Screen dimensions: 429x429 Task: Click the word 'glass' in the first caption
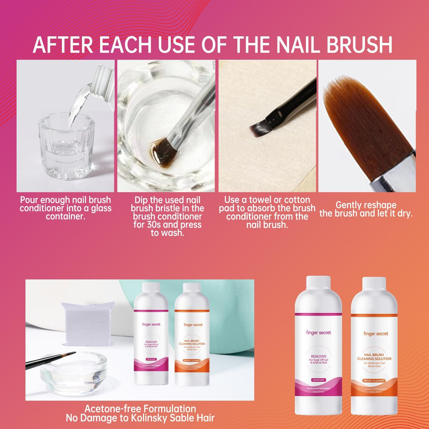(x=100, y=208)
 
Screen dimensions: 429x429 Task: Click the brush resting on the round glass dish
(x=51, y=360)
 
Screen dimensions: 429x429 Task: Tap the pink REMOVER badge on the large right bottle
(x=318, y=380)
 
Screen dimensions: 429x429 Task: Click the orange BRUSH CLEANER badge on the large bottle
(x=374, y=381)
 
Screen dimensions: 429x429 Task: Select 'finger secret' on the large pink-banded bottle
(x=318, y=333)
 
